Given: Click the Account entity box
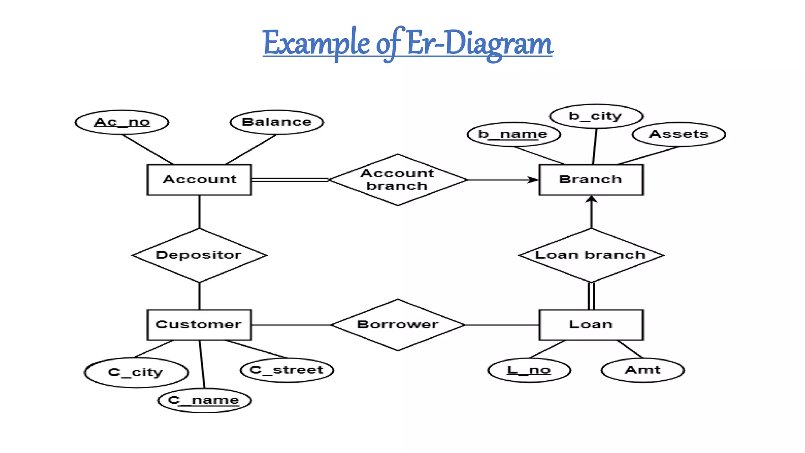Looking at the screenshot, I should pyautogui.click(x=199, y=180).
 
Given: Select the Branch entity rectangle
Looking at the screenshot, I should pyautogui.click(x=591, y=180).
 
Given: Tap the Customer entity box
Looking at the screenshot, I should pyautogui.click(x=199, y=325).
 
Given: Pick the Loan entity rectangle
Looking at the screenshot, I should pyautogui.click(x=591, y=325).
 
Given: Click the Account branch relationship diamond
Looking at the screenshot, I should pyautogui.click(x=397, y=180).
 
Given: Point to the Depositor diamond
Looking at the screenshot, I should pyautogui.click(x=199, y=255).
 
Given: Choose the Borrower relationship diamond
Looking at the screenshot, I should pyautogui.click(x=397, y=325).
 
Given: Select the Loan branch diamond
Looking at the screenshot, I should pyautogui.click(x=591, y=255).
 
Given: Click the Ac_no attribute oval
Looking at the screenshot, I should pyautogui.click(x=122, y=122).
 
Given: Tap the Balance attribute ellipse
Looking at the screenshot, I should pyautogui.click(x=277, y=122).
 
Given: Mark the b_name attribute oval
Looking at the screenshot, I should pyautogui.click(x=513, y=134).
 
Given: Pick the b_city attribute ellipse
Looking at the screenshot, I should pyautogui.click(x=596, y=116).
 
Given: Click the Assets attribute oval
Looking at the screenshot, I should pyautogui.click(x=679, y=134).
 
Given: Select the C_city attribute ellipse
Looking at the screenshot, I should pyautogui.click(x=136, y=372).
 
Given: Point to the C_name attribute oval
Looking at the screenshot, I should pyautogui.click(x=204, y=401).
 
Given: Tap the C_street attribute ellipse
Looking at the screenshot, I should pyautogui.click(x=287, y=370).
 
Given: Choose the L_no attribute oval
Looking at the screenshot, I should pyautogui.click(x=529, y=370).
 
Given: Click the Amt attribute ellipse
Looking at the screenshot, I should pyautogui.click(x=643, y=370).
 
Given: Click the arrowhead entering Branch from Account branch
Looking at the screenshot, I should pyautogui.click(x=533, y=180).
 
